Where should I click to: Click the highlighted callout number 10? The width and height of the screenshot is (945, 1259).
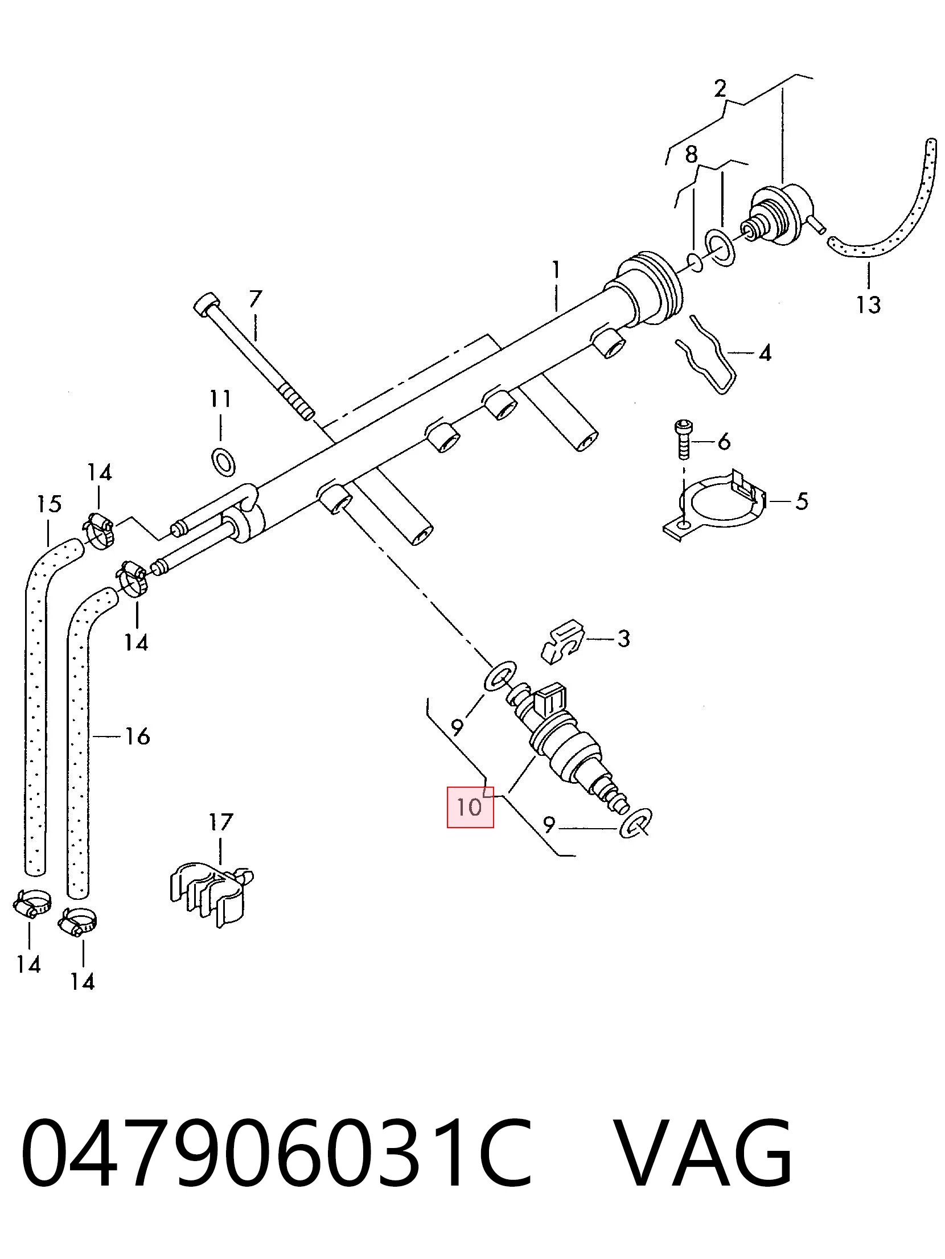pyautogui.click(x=470, y=807)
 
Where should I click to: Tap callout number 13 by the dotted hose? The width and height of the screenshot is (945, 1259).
pyautogui.click(x=869, y=305)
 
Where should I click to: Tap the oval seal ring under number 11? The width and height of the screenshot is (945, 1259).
pyautogui.click(x=223, y=461)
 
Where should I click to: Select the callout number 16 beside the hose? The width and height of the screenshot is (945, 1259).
pyautogui.click(x=137, y=736)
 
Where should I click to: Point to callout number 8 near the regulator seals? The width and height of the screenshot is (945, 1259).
pyautogui.click(x=691, y=154)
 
